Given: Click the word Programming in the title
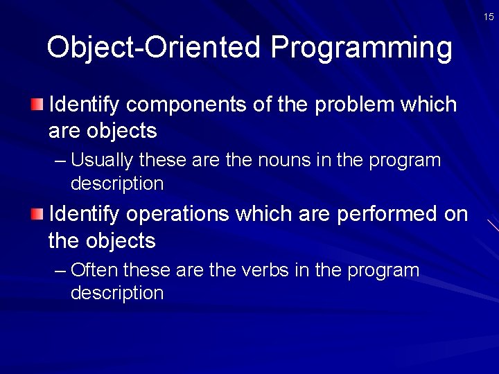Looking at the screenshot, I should [x=361, y=48].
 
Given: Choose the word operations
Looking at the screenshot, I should [x=177, y=215].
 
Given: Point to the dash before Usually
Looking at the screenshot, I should [x=60, y=161].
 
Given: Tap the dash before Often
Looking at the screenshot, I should [x=60, y=270].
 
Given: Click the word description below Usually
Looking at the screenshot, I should [x=117, y=184].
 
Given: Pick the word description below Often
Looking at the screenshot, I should [x=117, y=293].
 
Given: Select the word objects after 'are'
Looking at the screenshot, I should [x=120, y=131].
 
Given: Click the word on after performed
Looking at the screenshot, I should [x=456, y=215].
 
